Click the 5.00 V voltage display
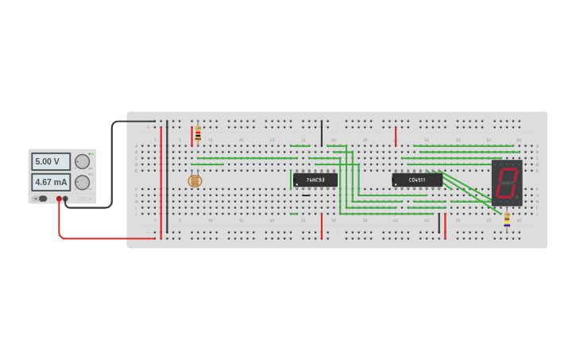point(51,161)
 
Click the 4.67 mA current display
point(51,182)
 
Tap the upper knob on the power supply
point(82,161)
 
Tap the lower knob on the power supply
point(82,182)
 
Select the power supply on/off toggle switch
point(41,199)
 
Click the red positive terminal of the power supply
point(59,199)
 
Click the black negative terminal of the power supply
point(65,199)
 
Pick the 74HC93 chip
point(315,180)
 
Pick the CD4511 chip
point(416,180)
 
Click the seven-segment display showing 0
point(506,183)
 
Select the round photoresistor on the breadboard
point(195,181)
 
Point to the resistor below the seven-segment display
point(507,220)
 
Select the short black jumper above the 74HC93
point(322,133)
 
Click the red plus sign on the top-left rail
point(148,127)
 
